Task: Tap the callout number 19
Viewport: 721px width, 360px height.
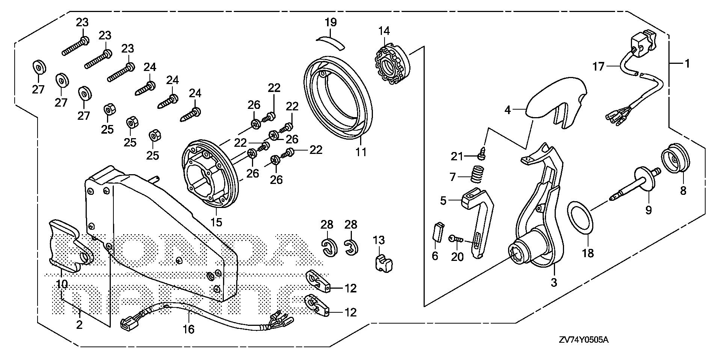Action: pyautogui.click(x=330, y=22)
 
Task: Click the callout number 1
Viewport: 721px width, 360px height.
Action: pyautogui.click(x=687, y=64)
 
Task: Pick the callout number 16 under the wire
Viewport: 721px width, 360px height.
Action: pyautogui.click(x=189, y=329)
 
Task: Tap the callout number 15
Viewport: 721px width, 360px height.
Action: pyautogui.click(x=216, y=222)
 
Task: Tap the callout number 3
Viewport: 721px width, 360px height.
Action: pyautogui.click(x=554, y=282)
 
